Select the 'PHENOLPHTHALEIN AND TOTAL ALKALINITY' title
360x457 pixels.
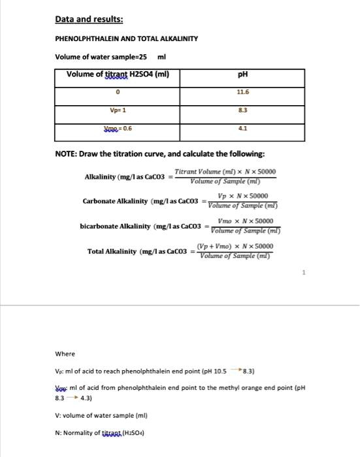click(126, 39)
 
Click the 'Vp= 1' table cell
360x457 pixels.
click(118, 110)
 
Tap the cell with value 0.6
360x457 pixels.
click(118, 129)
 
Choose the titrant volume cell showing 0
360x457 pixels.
click(118, 93)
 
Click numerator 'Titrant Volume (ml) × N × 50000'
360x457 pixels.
click(225, 172)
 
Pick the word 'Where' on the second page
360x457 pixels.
click(65, 354)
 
